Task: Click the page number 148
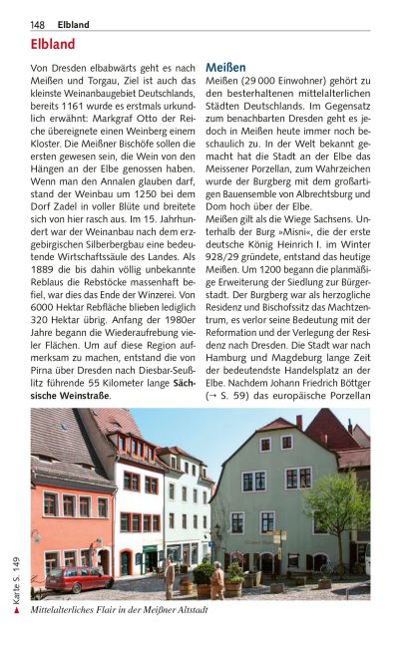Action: click(37, 24)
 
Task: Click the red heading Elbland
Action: click(53, 45)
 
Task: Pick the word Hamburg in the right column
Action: click(227, 364)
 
